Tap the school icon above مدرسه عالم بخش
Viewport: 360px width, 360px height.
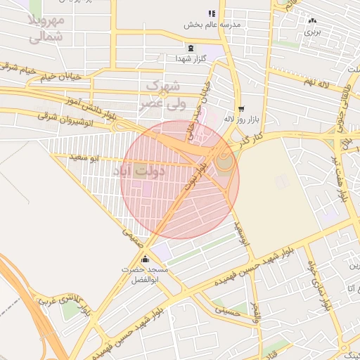pyautogui.click(x=212, y=14)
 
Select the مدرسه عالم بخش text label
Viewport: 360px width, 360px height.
pyautogui.click(x=212, y=25)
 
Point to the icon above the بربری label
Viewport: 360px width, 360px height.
pyautogui.click(x=311, y=20)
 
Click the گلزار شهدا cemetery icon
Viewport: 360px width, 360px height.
pyautogui.click(x=191, y=49)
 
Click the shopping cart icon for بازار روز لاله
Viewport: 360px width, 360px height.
pyautogui.click(x=241, y=109)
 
